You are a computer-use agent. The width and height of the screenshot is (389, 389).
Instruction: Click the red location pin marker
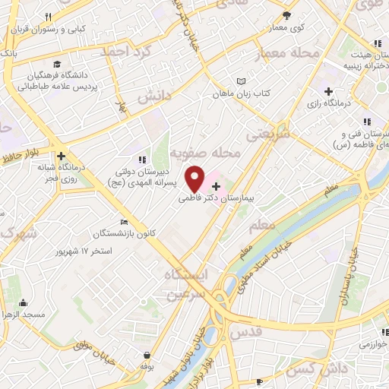[x=195, y=179]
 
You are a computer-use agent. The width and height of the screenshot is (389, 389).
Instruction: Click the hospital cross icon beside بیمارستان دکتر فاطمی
[x=217, y=185]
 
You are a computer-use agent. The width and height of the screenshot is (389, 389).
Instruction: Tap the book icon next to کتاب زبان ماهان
[x=242, y=81]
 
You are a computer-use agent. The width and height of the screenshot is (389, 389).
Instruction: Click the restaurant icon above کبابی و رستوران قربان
[x=48, y=17]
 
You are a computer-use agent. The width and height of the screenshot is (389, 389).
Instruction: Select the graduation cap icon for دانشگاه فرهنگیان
[x=57, y=64]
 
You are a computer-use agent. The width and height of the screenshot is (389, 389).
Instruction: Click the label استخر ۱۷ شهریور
[x=106, y=250]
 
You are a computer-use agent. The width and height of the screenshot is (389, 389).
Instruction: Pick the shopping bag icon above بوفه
[x=146, y=355]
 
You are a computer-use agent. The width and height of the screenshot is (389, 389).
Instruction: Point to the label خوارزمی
[x=371, y=343]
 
